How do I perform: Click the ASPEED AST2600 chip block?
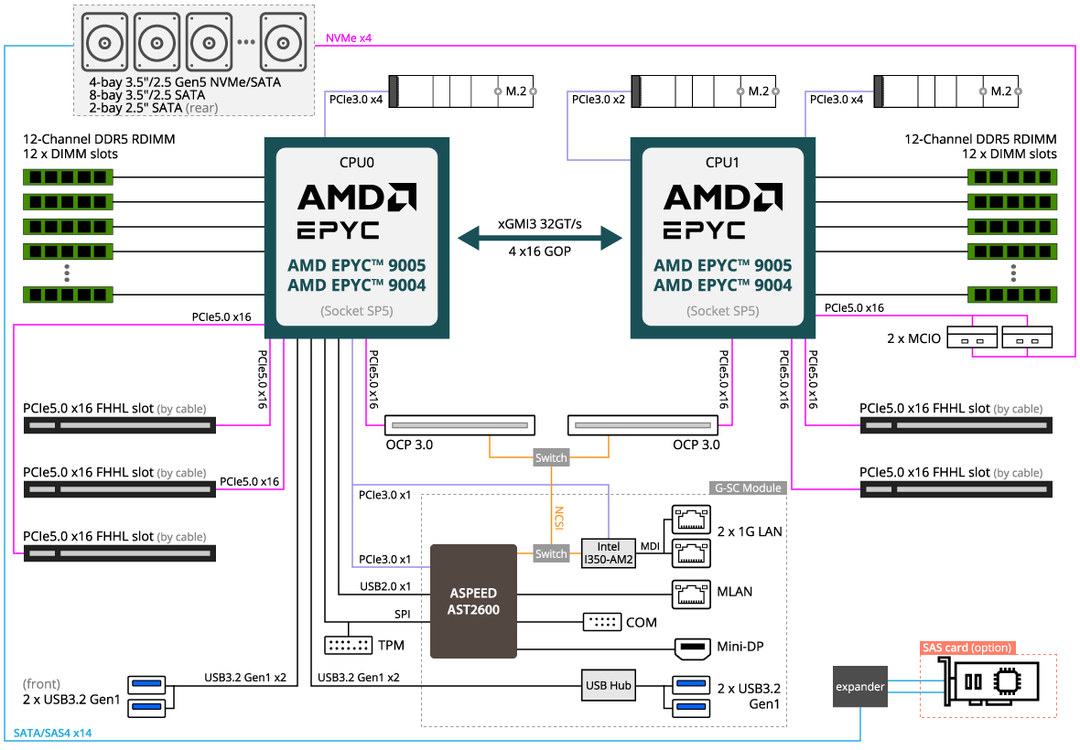473,601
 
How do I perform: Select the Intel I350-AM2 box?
609,552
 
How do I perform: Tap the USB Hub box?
609,685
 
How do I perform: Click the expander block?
859,687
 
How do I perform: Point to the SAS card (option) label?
967,648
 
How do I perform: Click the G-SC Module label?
748,488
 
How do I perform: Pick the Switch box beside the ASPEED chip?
551,553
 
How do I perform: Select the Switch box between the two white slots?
551,457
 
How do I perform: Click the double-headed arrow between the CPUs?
540,240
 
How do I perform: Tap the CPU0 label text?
357,163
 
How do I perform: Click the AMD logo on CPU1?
722,198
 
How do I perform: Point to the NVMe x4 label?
349,38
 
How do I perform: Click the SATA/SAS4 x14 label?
52,734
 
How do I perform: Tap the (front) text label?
42,683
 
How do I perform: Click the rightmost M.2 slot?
948,91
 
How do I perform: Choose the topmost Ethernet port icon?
691,520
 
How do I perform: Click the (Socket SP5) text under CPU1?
722,311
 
